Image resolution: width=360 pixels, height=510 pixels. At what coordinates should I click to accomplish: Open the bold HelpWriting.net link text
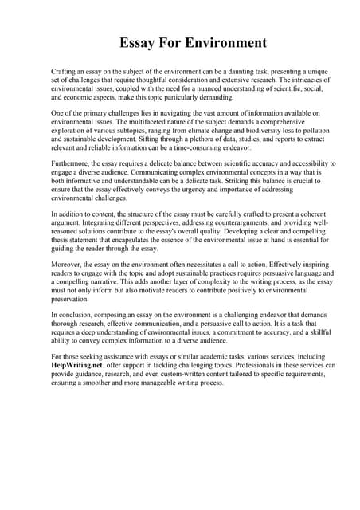pos(78,364)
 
